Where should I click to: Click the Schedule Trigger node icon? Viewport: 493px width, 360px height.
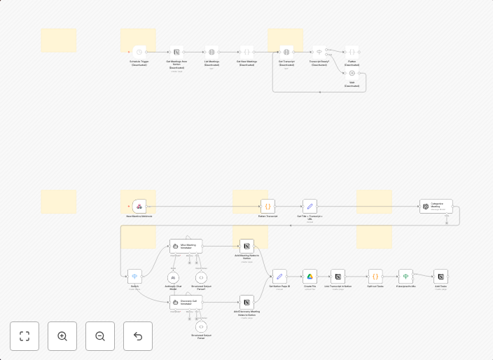[139, 52]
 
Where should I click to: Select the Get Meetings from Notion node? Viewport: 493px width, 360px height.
[176, 52]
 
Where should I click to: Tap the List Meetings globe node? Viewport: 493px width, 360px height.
[211, 52]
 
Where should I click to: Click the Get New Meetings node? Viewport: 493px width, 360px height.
[246, 52]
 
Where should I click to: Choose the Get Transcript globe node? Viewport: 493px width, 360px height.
[286, 52]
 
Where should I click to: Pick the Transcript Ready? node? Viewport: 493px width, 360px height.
[319, 52]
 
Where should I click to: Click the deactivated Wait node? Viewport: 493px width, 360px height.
[352, 73]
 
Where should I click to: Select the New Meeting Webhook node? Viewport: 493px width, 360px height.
[139, 206]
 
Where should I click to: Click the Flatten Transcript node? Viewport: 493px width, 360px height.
[268, 206]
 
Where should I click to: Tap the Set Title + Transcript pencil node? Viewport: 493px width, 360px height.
[310, 206]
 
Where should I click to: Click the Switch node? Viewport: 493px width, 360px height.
[134, 276]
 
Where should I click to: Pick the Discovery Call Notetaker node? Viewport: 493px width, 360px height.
[186, 302]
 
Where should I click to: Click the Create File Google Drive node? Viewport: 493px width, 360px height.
[310, 276]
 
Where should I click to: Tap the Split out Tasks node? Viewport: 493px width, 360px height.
[375, 276]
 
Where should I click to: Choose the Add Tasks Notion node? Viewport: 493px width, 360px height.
[440, 276]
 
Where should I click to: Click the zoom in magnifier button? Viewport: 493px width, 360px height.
[62, 336]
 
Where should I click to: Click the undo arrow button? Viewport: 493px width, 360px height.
[138, 336]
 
